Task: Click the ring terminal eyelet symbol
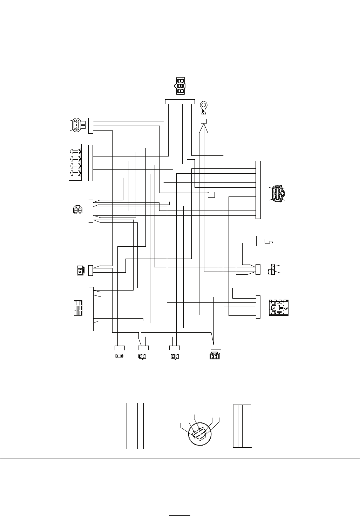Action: click(x=203, y=106)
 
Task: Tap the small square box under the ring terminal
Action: click(x=203, y=121)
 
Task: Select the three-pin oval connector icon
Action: click(x=77, y=125)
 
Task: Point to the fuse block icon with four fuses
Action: click(x=75, y=162)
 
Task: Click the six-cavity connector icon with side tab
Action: click(x=181, y=85)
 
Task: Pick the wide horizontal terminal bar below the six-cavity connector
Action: click(x=179, y=102)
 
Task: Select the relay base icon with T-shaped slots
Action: click(x=279, y=308)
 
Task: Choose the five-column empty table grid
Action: click(x=141, y=426)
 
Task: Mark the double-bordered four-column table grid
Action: click(x=243, y=426)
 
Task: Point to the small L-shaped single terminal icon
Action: click(x=269, y=241)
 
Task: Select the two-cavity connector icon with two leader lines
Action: click(x=272, y=269)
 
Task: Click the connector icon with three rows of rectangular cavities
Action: click(x=78, y=308)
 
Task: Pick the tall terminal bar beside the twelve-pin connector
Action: click(x=258, y=190)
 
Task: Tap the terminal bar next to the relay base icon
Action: click(x=258, y=307)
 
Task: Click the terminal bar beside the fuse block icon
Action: click(x=91, y=163)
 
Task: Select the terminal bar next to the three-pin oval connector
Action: click(x=91, y=126)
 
